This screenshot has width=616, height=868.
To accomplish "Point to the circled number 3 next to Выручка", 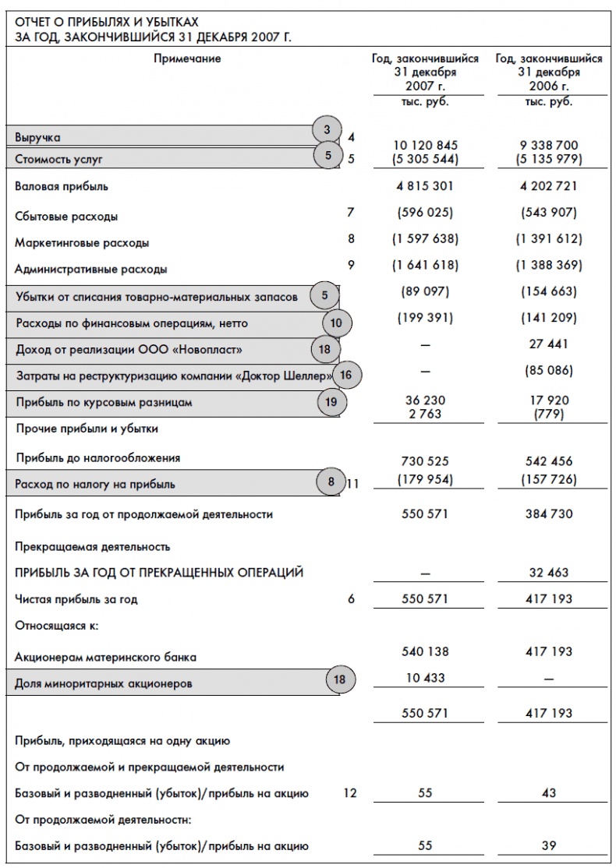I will (328, 129).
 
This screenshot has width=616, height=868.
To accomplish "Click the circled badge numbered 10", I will (336, 322).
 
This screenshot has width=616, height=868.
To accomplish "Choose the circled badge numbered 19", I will (331, 402).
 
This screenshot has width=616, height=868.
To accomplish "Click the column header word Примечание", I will (187, 58).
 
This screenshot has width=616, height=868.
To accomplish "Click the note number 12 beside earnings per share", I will (350, 794).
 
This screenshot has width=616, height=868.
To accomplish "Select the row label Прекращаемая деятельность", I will (92, 547).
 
